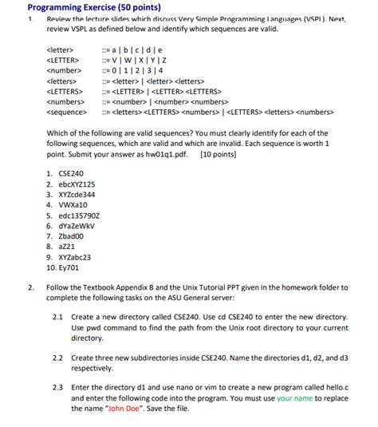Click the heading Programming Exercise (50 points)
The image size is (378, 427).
coord(95,6)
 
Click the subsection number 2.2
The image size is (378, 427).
coord(57,358)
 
